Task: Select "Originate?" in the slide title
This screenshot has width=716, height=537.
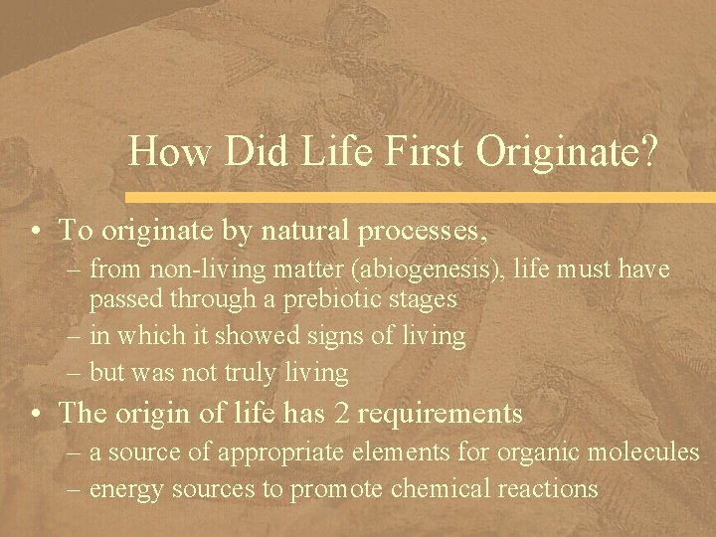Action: pos(567,153)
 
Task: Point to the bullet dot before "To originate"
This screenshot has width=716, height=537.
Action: pos(35,232)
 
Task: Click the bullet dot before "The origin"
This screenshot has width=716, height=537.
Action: pos(35,414)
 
